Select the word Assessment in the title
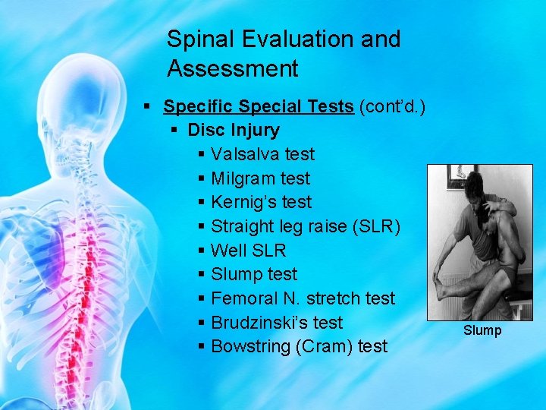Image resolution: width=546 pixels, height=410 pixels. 233,69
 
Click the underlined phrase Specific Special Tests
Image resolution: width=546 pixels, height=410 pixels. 259,106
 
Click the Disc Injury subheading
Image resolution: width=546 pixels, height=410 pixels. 234,130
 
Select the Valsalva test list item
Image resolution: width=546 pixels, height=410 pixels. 262,154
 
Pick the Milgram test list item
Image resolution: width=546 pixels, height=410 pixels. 260,178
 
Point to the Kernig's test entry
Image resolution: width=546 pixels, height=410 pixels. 261,202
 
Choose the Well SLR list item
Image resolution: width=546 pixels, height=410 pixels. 248,250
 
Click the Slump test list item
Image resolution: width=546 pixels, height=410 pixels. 254,274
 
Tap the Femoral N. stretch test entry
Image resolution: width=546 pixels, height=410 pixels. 303,298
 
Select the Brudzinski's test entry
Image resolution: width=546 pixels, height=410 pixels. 277,322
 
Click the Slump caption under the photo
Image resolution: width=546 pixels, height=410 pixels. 483,330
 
